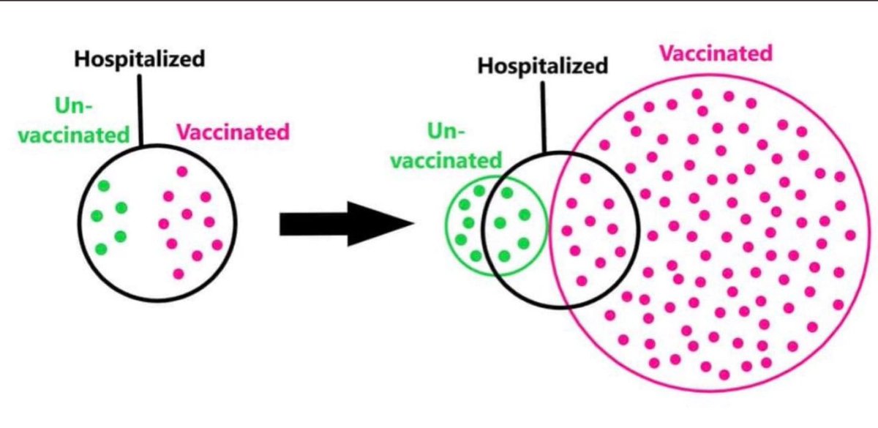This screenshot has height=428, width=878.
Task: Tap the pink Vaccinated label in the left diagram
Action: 233,132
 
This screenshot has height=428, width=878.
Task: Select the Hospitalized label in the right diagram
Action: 542,67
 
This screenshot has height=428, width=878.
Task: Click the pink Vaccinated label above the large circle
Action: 716,53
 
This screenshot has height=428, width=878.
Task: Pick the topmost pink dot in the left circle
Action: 182,171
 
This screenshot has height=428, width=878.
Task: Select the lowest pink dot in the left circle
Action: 179,274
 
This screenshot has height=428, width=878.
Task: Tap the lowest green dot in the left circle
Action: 101,249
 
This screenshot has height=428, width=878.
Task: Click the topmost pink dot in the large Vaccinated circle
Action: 697,94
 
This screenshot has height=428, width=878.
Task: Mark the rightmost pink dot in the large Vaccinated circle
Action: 849,235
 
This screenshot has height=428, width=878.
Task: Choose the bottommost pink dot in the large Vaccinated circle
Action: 724,375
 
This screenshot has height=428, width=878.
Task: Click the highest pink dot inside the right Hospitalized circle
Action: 585,178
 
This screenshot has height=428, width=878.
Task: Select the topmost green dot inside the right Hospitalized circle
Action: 506,192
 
